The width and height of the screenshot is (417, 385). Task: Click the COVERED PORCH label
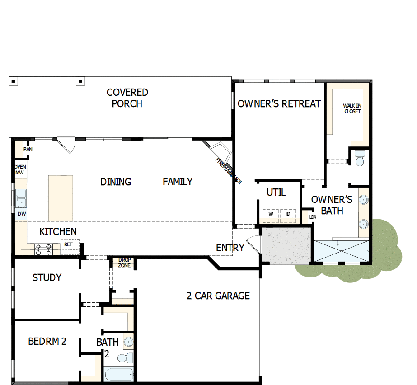pyautogui.click(x=127, y=98)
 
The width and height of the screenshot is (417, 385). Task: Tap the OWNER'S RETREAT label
pyautogui.click(x=279, y=104)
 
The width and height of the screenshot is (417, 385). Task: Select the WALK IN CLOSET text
pyautogui.click(x=352, y=108)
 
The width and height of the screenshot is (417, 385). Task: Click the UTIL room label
pyautogui.click(x=276, y=192)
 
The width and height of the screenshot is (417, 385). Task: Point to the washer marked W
pyautogui.click(x=271, y=214)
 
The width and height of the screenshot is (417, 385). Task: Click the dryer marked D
pyautogui.click(x=288, y=214)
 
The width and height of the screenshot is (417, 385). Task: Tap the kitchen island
pyautogui.click(x=61, y=198)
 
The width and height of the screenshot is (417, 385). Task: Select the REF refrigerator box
pyautogui.click(x=69, y=245)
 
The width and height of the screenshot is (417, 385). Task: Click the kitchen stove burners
pyautogui.click(x=44, y=249)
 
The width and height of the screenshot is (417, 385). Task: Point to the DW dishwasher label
pyautogui.click(x=21, y=214)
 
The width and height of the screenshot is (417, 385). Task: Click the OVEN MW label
pyautogui.click(x=19, y=170)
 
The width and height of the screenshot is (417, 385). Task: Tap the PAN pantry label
pyautogui.click(x=28, y=149)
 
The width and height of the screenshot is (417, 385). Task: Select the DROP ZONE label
pyautogui.click(x=124, y=263)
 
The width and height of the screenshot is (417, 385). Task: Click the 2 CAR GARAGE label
pyautogui.click(x=218, y=296)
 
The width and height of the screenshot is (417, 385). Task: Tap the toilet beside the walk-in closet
pyautogui.click(x=360, y=159)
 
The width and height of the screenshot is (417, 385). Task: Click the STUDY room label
pyautogui.click(x=47, y=277)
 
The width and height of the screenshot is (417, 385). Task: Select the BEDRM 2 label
pyautogui.click(x=47, y=342)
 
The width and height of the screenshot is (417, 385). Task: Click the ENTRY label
pyautogui.click(x=230, y=248)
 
